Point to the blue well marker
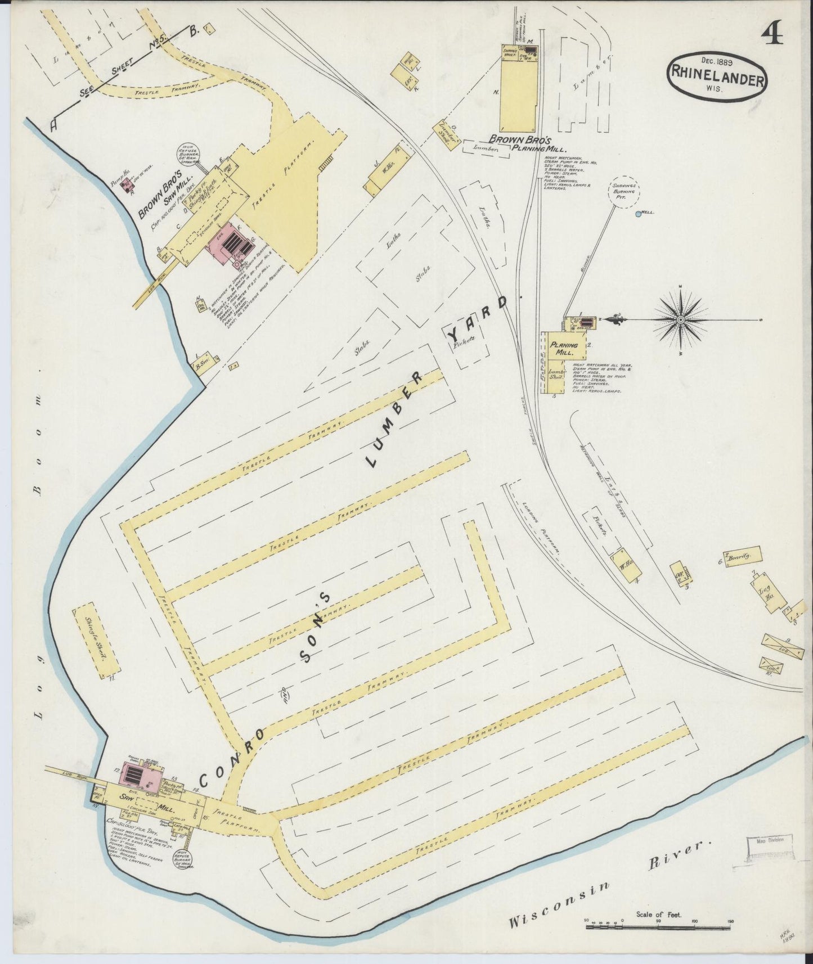[x=637, y=214]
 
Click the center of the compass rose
[x=680, y=320]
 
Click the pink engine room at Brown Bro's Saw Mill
[x=230, y=244]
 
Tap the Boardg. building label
[x=740, y=557]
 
